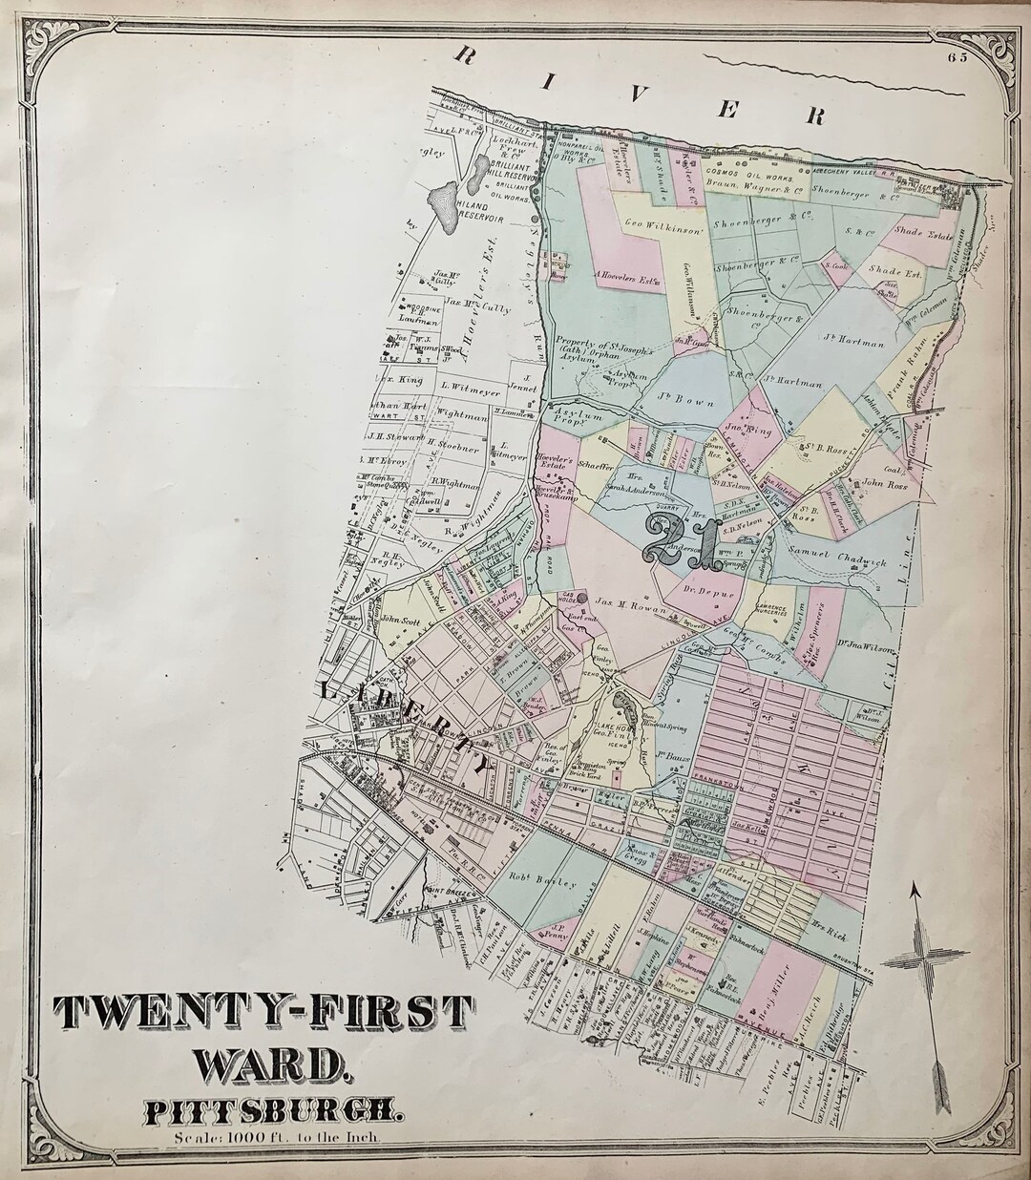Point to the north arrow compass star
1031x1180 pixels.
coord(914,959)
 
